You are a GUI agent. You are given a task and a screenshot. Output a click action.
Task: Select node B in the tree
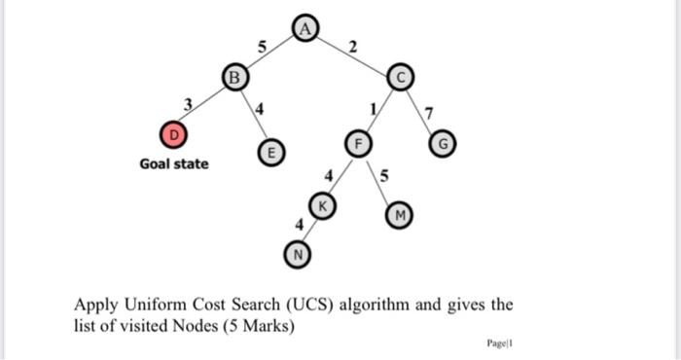tap(233, 75)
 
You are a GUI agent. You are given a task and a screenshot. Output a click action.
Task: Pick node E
tap(273, 152)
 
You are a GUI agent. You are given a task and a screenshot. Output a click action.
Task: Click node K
tap(322, 205)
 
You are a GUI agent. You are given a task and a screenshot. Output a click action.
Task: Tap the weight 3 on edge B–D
tap(189, 101)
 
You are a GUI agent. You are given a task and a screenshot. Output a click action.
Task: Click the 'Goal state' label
tap(173, 163)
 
